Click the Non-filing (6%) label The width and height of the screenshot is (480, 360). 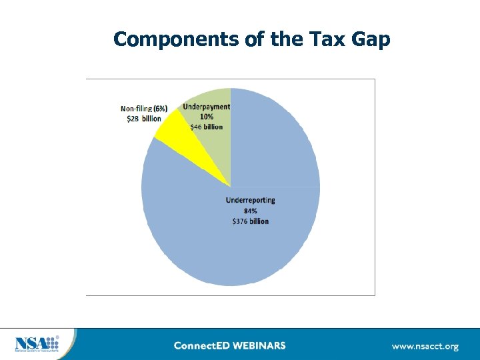pyautogui.click(x=143, y=108)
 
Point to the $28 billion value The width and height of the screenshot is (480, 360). pyautogui.click(x=143, y=118)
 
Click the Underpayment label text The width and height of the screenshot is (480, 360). pyautogui.click(x=207, y=107)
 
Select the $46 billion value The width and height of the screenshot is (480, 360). pyautogui.click(x=206, y=126)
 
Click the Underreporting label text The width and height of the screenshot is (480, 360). pyautogui.click(x=250, y=200)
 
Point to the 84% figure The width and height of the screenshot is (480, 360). pyautogui.click(x=250, y=211)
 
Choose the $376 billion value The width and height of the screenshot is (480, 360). pyautogui.click(x=250, y=221)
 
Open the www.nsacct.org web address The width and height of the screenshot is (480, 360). pyautogui.click(x=425, y=346)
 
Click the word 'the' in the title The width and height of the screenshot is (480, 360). pyautogui.click(x=285, y=39)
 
